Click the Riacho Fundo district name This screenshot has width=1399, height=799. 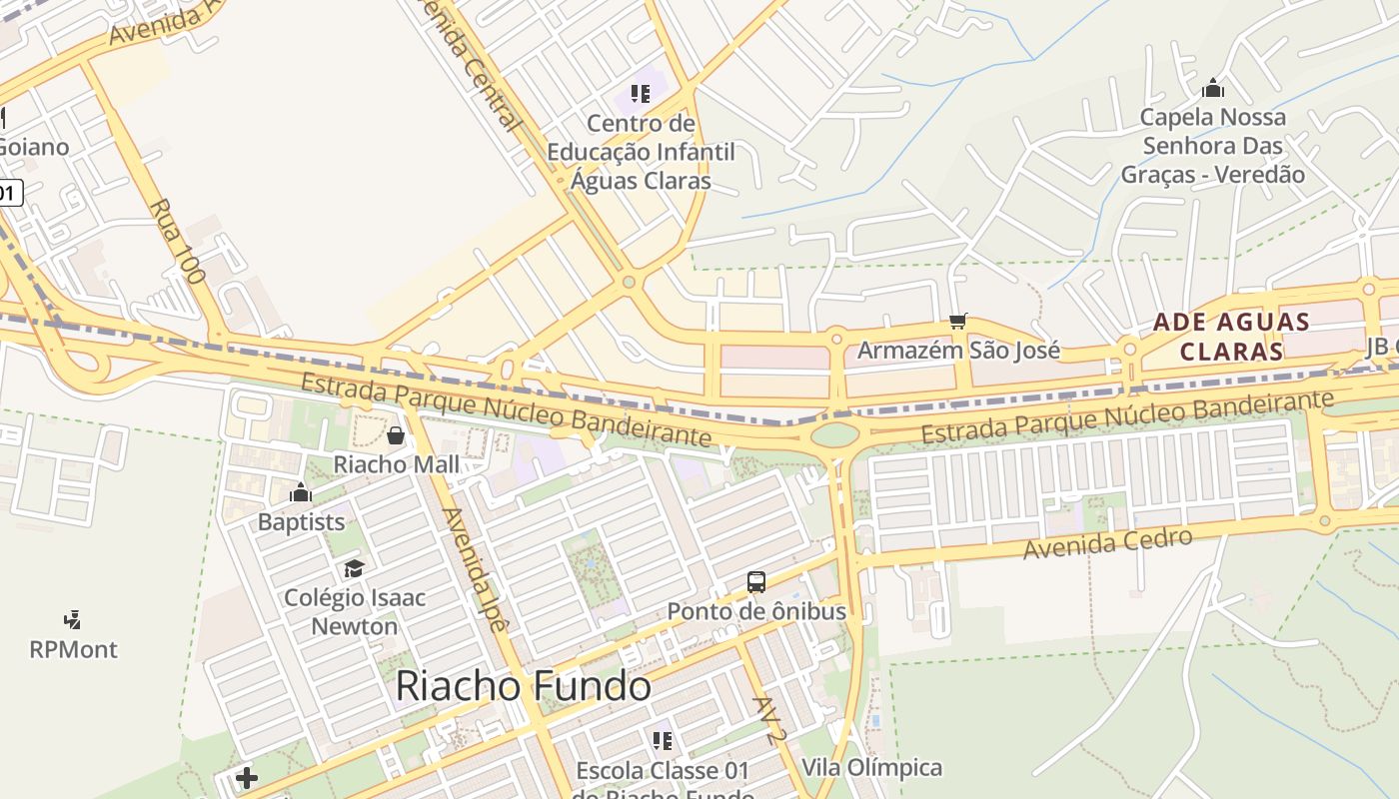click(x=524, y=687)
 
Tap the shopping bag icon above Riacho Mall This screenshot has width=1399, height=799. click(x=396, y=435)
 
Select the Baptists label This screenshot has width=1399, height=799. click(x=301, y=521)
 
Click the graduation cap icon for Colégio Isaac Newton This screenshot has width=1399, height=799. click(x=354, y=568)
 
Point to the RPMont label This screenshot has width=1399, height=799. click(x=73, y=649)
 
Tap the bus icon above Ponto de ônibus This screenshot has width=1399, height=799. click(x=756, y=581)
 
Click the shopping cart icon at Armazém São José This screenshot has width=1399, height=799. click(x=958, y=321)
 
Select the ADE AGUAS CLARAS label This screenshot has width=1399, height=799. click(x=1231, y=337)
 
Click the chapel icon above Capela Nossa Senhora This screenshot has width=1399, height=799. click(x=1213, y=88)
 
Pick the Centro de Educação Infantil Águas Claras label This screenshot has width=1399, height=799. click(x=641, y=152)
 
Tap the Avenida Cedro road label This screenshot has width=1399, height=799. click(x=1108, y=543)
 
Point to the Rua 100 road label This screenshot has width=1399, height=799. click(x=177, y=241)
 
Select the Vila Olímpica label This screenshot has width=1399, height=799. click(x=872, y=767)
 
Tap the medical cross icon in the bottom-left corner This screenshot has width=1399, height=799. click(x=247, y=778)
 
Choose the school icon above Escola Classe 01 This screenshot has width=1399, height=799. click(x=662, y=740)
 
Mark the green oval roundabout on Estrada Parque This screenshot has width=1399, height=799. click(x=835, y=434)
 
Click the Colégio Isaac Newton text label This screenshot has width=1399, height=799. click(x=355, y=611)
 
